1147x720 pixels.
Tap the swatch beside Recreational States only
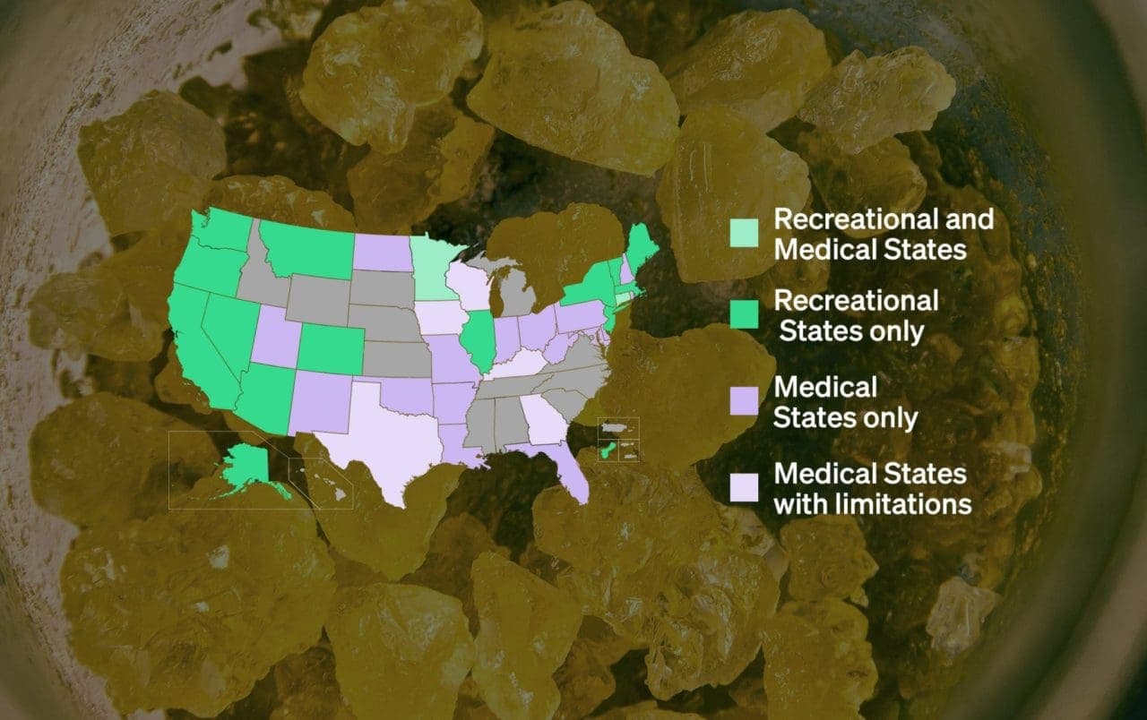click(x=745, y=314)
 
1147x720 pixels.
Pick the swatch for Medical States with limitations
click(x=745, y=487)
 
